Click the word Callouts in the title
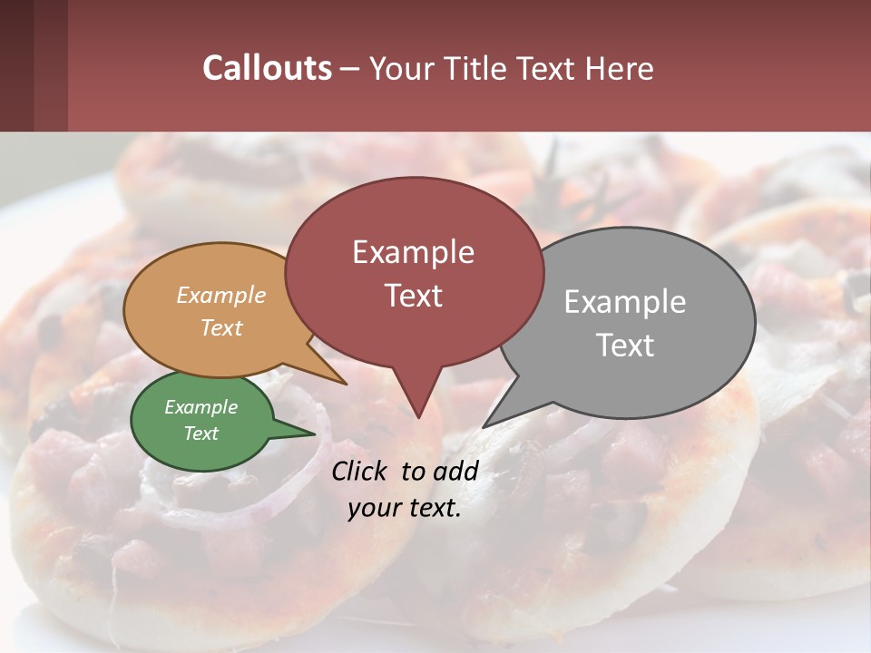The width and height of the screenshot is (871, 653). (267, 68)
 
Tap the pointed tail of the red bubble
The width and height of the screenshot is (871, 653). (417, 408)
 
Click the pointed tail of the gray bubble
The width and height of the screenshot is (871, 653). (494, 419)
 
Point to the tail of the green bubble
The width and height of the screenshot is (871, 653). (299, 433)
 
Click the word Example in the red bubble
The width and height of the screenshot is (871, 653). (413, 252)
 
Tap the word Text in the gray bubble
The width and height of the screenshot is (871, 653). (625, 346)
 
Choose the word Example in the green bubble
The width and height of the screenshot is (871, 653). (201, 407)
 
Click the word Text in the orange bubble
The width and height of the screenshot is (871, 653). (221, 327)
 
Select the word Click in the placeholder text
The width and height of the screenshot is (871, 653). (360, 471)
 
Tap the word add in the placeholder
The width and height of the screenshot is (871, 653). (455, 471)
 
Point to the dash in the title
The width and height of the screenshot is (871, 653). (350, 69)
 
